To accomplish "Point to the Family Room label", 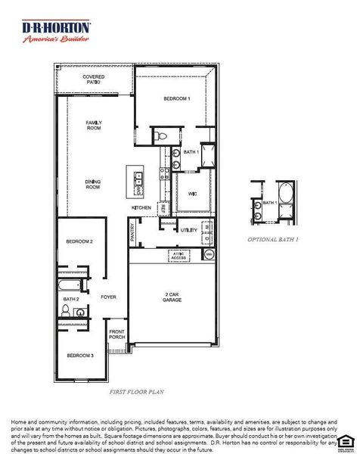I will (x=94, y=126).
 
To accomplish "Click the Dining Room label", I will (x=93, y=184).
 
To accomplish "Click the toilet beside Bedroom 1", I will (x=160, y=137).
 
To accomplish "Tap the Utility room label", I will (x=188, y=229).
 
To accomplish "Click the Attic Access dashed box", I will (x=178, y=256).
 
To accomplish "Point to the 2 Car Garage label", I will (x=173, y=297).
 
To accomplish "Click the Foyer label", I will (x=108, y=297).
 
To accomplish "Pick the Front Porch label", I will (x=116, y=334).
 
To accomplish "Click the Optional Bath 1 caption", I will (x=273, y=239).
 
